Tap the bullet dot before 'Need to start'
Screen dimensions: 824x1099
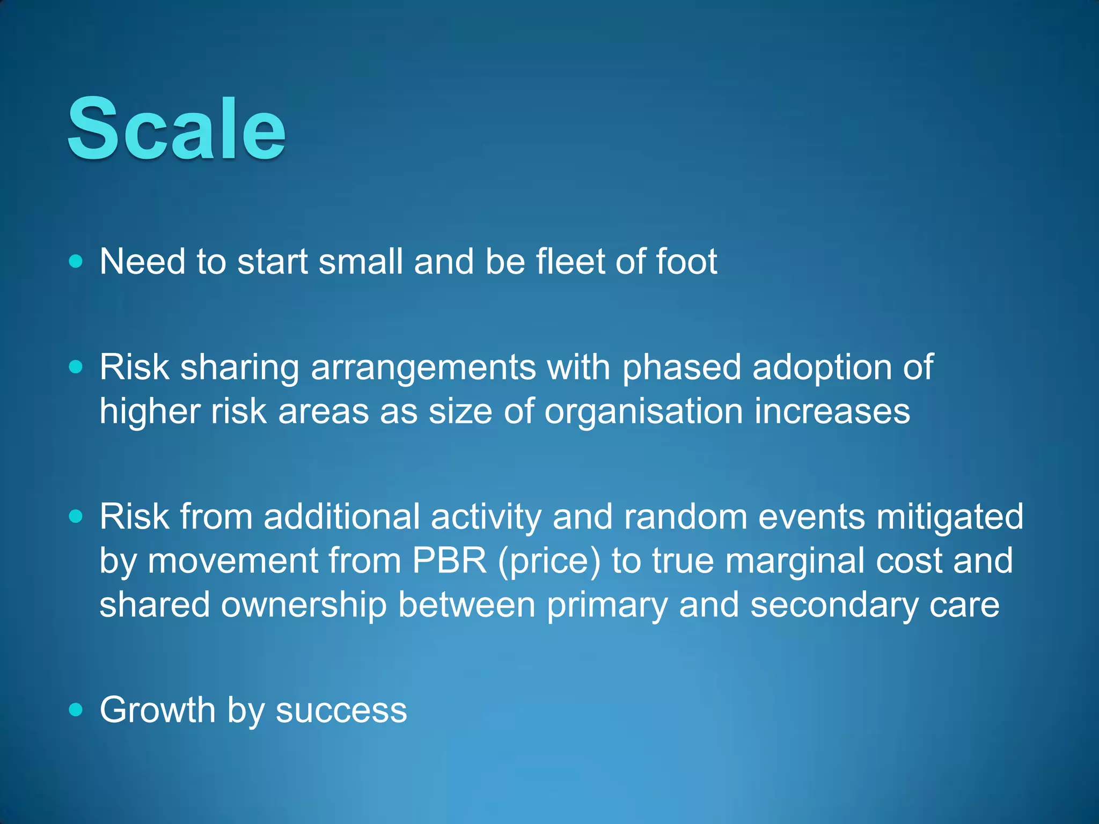[x=76, y=261]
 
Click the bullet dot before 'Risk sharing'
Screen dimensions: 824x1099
[x=76, y=367]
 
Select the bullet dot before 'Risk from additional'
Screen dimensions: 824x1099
[x=76, y=516]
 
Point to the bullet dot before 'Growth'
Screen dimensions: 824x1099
[x=76, y=710]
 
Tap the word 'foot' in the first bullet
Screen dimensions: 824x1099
[x=686, y=261]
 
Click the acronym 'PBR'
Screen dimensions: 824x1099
[x=450, y=561]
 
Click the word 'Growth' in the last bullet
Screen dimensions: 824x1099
[x=158, y=710]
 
